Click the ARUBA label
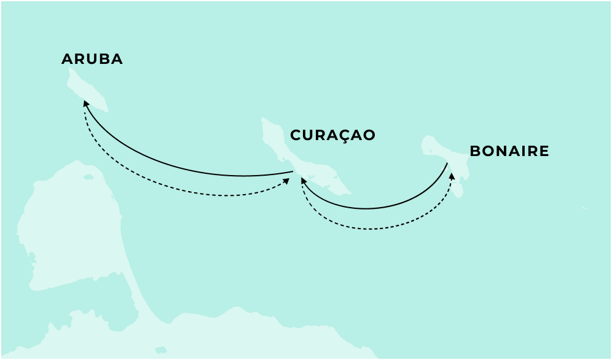point(92,59)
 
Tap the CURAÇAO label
point(332,135)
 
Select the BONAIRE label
point(509,151)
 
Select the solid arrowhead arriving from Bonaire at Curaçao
point(302,180)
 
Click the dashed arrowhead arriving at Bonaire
point(453,176)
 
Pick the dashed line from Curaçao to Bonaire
point(375,229)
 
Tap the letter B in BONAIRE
point(475,151)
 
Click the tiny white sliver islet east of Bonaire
point(585,208)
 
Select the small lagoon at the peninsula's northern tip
point(88,176)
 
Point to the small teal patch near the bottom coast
point(161,350)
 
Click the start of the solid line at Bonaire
point(447,164)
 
